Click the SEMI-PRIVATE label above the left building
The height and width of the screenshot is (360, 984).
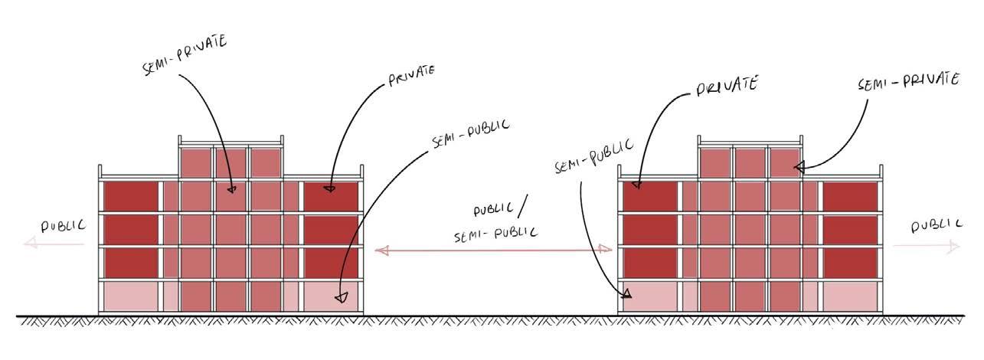(184, 54)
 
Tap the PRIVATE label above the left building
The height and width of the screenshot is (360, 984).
(412, 75)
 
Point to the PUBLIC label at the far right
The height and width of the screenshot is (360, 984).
(937, 225)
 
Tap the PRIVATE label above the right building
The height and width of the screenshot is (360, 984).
(727, 84)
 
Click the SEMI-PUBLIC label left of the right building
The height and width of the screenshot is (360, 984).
(594, 156)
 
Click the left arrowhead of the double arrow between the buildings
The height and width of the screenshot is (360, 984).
(381, 250)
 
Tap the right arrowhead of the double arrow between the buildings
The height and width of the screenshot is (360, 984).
(606, 249)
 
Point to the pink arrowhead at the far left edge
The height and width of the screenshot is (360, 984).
(29, 244)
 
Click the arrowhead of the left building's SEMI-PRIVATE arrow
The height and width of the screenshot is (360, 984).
(232, 188)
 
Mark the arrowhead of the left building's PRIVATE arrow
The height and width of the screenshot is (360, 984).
(329, 187)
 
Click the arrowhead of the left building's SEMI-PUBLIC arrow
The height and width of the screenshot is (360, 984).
(342, 296)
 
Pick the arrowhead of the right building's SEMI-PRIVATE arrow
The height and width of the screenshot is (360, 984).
(799, 166)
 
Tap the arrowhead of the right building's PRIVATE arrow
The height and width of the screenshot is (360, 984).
(637, 183)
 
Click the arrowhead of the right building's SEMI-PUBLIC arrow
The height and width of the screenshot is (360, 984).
(626, 293)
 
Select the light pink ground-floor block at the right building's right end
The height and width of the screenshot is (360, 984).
(850, 296)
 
